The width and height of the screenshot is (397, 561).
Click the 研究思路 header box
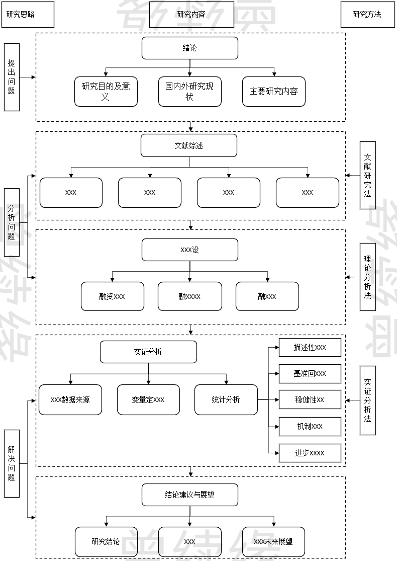pyautogui.click(x=28, y=15)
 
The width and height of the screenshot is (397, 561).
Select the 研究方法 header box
pyautogui.click(x=367, y=15)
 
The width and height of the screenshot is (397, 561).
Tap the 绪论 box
pyautogui.click(x=189, y=48)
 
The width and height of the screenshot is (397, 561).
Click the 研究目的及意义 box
pyautogui.click(x=106, y=91)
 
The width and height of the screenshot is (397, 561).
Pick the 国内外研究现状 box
pyautogui.click(x=189, y=91)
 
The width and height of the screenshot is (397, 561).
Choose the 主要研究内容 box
pyautogui.click(x=273, y=91)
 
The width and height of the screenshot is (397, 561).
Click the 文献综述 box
pyautogui.click(x=189, y=145)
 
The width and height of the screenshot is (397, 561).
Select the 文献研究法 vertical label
pyautogui.click(x=368, y=175)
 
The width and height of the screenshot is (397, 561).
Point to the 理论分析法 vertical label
pyautogui.click(x=368, y=277)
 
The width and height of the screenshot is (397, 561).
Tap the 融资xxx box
pyautogui.click(x=112, y=296)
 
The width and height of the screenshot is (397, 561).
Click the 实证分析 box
pyautogui.click(x=148, y=352)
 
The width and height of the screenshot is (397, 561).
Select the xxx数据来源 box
pyautogui.click(x=70, y=400)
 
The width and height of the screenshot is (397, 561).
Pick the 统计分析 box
pyautogui.click(x=226, y=400)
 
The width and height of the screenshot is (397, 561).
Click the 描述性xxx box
pyautogui.click(x=310, y=348)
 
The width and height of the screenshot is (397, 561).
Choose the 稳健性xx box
pyautogui.click(x=310, y=400)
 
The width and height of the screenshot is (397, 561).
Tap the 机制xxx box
pyautogui.click(x=310, y=426)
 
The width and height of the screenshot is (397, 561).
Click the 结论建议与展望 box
pyautogui.click(x=189, y=495)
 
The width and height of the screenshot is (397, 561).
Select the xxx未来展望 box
pyautogui.click(x=273, y=541)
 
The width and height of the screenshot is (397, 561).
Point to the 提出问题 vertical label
pyautogui.click(x=12, y=77)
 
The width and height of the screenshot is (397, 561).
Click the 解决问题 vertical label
pyautogui.click(x=12, y=463)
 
